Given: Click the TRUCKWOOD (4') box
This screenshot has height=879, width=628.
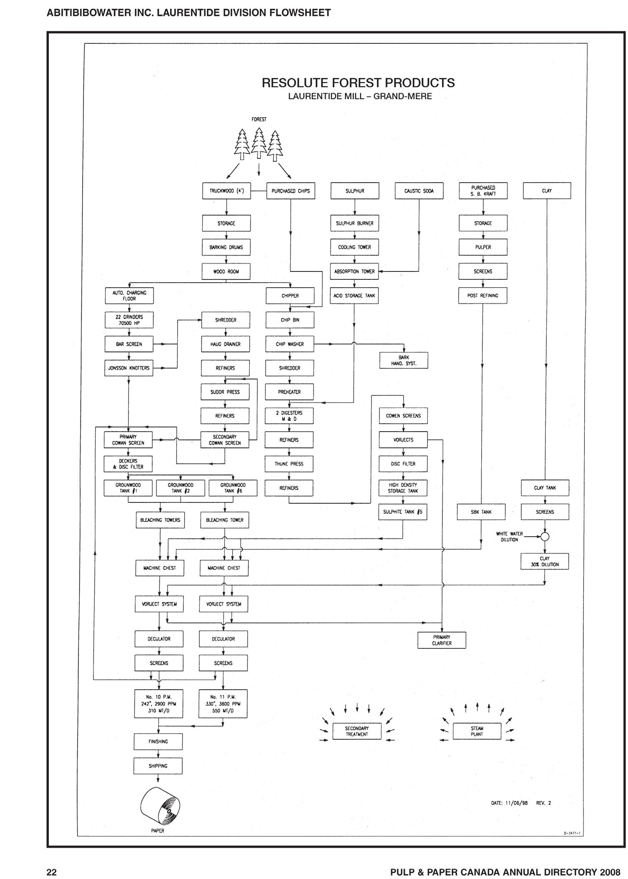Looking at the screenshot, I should click(x=226, y=191).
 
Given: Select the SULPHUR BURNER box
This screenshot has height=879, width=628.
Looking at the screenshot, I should click(x=354, y=223).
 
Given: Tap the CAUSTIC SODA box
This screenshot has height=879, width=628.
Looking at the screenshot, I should click(x=419, y=191).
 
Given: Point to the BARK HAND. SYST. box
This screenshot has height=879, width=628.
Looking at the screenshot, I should click(x=403, y=360).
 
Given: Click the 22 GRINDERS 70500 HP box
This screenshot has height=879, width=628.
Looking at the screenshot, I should click(x=129, y=320).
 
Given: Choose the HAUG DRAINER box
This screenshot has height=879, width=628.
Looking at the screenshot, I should click(x=226, y=344).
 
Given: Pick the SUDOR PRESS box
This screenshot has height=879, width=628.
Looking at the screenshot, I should click(x=225, y=392).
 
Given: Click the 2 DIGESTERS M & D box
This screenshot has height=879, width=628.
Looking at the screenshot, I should click(x=289, y=416).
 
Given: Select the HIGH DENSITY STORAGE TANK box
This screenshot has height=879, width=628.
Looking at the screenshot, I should click(x=403, y=488).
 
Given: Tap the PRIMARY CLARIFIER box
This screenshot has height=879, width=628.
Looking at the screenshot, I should click(x=442, y=640).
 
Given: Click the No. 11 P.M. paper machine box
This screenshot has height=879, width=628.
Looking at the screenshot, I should click(x=223, y=703).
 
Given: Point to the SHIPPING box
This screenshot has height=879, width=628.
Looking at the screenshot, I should click(x=158, y=766).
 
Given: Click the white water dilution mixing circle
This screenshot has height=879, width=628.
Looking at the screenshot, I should click(x=545, y=536).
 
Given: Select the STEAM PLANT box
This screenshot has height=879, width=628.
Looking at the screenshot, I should click(x=477, y=731).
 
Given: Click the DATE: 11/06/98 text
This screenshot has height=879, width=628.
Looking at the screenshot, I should click(x=509, y=803).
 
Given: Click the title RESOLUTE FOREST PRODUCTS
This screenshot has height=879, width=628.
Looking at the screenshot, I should click(x=358, y=83).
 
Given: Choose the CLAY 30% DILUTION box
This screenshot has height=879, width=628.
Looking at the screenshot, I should click(x=545, y=561).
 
